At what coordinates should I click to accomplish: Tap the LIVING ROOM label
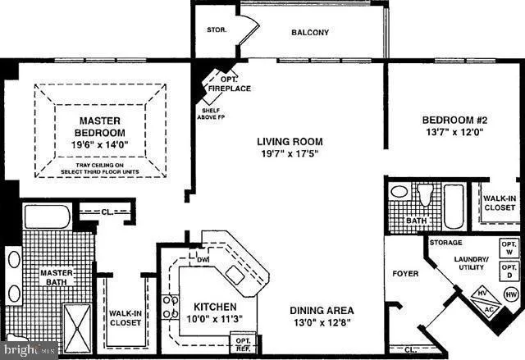point(288,141)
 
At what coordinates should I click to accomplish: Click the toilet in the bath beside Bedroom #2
point(424,195)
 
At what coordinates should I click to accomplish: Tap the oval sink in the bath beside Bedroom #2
point(399,192)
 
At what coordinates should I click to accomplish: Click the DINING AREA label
point(322,311)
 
